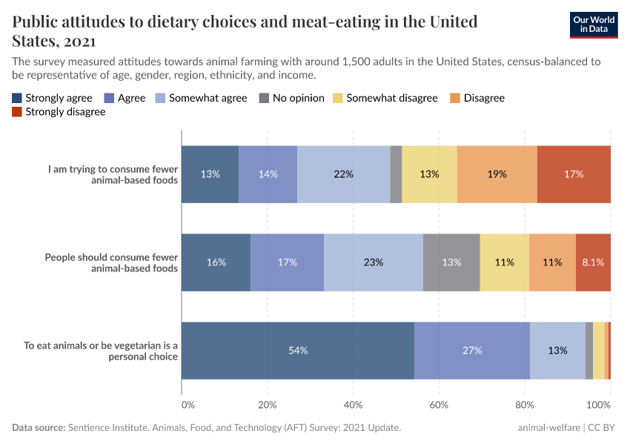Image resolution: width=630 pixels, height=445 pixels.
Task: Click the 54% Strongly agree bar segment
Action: (297, 350)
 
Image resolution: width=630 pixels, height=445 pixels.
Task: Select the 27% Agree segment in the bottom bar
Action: (472, 350)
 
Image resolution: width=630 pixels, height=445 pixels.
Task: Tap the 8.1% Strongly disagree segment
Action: (593, 262)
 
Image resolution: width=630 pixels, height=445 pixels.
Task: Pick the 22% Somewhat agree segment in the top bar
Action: (343, 174)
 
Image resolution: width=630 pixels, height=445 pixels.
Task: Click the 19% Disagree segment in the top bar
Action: (497, 174)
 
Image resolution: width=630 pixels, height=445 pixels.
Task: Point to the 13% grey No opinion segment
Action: (451, 262)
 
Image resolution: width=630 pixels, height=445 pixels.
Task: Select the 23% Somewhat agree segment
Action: (373, 262)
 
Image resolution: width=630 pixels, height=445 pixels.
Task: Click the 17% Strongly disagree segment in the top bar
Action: (574, 174)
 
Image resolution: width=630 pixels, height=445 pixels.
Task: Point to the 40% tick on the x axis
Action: (353, 405)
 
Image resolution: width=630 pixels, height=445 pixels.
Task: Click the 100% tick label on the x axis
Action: (598, 405)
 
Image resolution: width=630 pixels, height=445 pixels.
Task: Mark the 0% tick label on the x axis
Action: (188, 405)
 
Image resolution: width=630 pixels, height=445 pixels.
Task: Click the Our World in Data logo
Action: (594, 24)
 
